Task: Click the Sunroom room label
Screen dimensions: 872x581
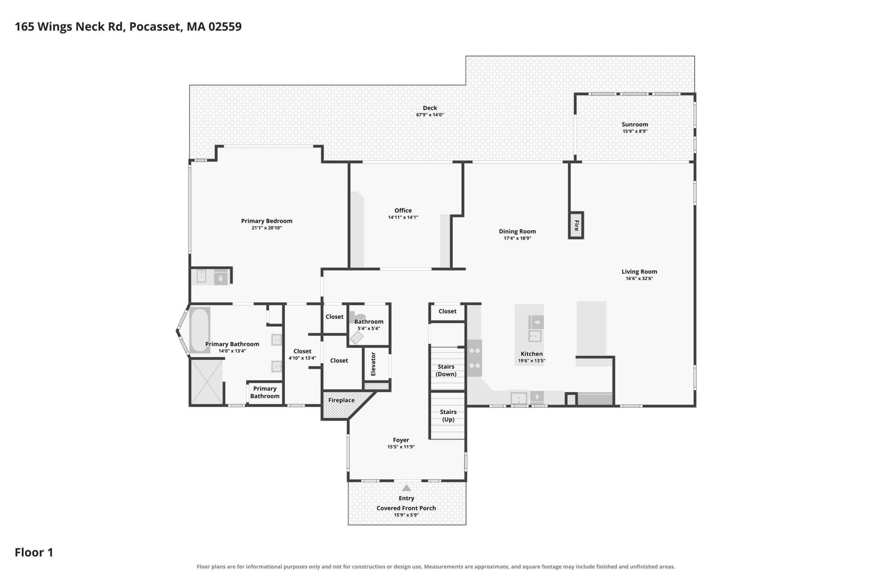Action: [x=634, y=124]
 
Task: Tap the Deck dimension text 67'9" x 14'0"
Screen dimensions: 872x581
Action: [x=430, y=115]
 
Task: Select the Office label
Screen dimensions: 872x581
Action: [x=403, y=211]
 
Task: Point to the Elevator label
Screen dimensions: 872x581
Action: [x=373, y=364]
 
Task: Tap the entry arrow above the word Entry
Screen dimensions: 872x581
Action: [x=406, y=488]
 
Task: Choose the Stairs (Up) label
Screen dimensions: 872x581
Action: [x=448, y=416]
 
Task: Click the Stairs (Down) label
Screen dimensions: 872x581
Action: [x=446, y=370]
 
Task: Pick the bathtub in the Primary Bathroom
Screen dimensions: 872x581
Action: [x=199, y=330]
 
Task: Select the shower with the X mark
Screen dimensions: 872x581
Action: [x=207, y=382]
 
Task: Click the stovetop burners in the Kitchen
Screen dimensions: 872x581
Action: [x=475, y=358]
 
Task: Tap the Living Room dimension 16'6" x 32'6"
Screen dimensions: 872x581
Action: [x=639, y=279]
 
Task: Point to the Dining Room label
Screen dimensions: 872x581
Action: [x=517, y=231]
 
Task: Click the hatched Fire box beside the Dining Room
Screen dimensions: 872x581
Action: [x=576, y=225]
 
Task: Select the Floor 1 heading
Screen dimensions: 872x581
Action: [x=34, y=552]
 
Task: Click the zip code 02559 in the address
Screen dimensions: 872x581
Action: [x=225, y=27]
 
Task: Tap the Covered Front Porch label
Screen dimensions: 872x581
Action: [x=406, y=508]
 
